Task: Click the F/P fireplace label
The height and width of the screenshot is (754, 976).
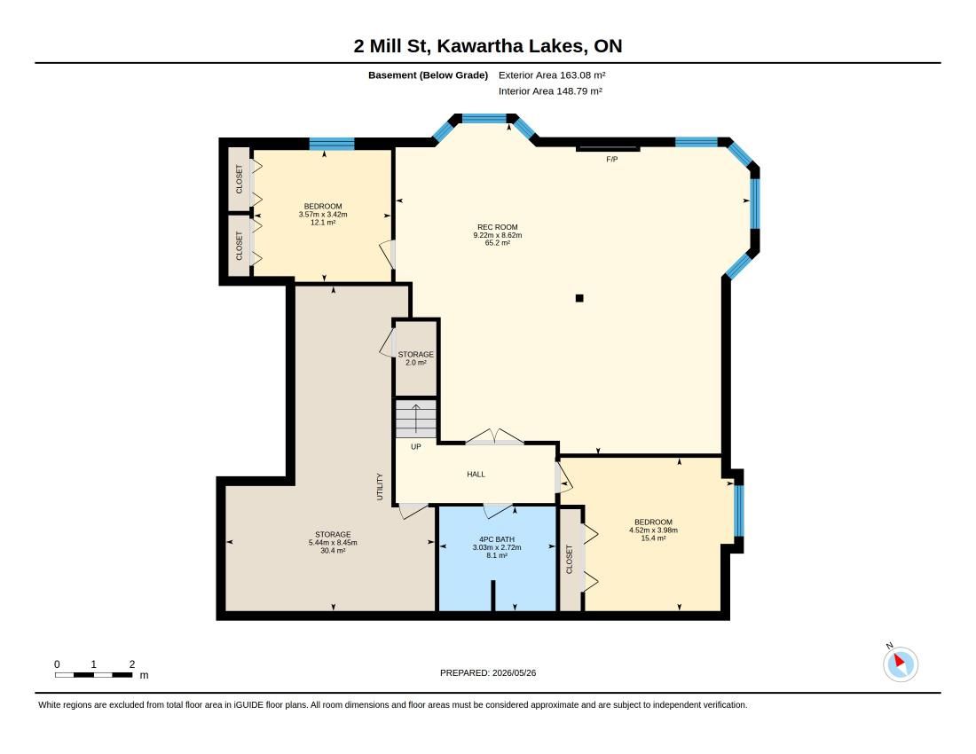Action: tap(612, 160)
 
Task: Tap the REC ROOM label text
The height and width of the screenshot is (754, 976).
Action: tap(498, 227)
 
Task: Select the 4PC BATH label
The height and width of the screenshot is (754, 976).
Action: tap(497, 539)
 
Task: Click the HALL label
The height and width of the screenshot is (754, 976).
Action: tap(476, 474)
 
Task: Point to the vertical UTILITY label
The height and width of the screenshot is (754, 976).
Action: tap(380, 486)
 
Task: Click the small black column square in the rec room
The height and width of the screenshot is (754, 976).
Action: tap(579, 298)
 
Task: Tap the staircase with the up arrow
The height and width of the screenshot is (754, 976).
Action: tap(416, 419)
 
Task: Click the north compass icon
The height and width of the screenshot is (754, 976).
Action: tap(900, 664)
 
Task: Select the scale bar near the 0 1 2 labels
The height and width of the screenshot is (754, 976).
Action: tap(93, 675)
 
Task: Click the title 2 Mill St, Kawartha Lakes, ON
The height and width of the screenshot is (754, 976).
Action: tap(488, 46)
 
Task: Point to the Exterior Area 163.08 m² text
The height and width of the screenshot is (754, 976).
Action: tap(552, 75)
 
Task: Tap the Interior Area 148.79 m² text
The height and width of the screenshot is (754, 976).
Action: tap(550, 91)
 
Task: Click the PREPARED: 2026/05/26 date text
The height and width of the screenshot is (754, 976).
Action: tap(488, 672)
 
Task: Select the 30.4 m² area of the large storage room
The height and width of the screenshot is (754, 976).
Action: tap(333, 551)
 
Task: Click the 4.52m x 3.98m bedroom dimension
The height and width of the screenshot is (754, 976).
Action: tap(654, 530)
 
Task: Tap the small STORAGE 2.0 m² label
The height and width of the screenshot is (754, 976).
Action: tap(416, 358)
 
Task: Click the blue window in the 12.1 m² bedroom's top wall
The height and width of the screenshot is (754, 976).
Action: tap(332, 144)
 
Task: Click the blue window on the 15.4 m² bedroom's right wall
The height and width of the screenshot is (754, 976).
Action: tap(739, 510)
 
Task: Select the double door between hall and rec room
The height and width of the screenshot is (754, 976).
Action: tap(495, 436)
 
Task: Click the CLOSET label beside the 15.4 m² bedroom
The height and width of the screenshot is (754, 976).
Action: tap(569, 559)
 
